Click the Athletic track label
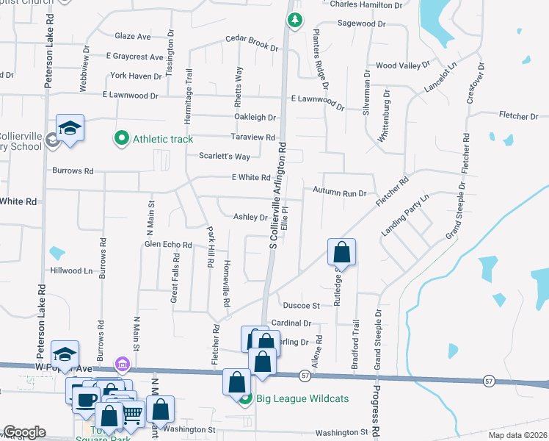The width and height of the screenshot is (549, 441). [162, 139]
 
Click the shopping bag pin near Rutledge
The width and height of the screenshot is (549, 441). [342, 252]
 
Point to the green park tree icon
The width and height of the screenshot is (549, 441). [294, 20]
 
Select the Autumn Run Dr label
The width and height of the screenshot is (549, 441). [339, 193]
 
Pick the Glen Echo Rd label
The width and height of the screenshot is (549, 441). [168, 245]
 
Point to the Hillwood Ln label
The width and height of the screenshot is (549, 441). [71, 270]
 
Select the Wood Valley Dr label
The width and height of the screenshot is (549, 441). [402, 65]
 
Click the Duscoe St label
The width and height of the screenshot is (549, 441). [302, 305]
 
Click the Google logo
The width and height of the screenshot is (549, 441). [23, 432]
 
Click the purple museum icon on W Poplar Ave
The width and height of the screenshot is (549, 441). [122, 364]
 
